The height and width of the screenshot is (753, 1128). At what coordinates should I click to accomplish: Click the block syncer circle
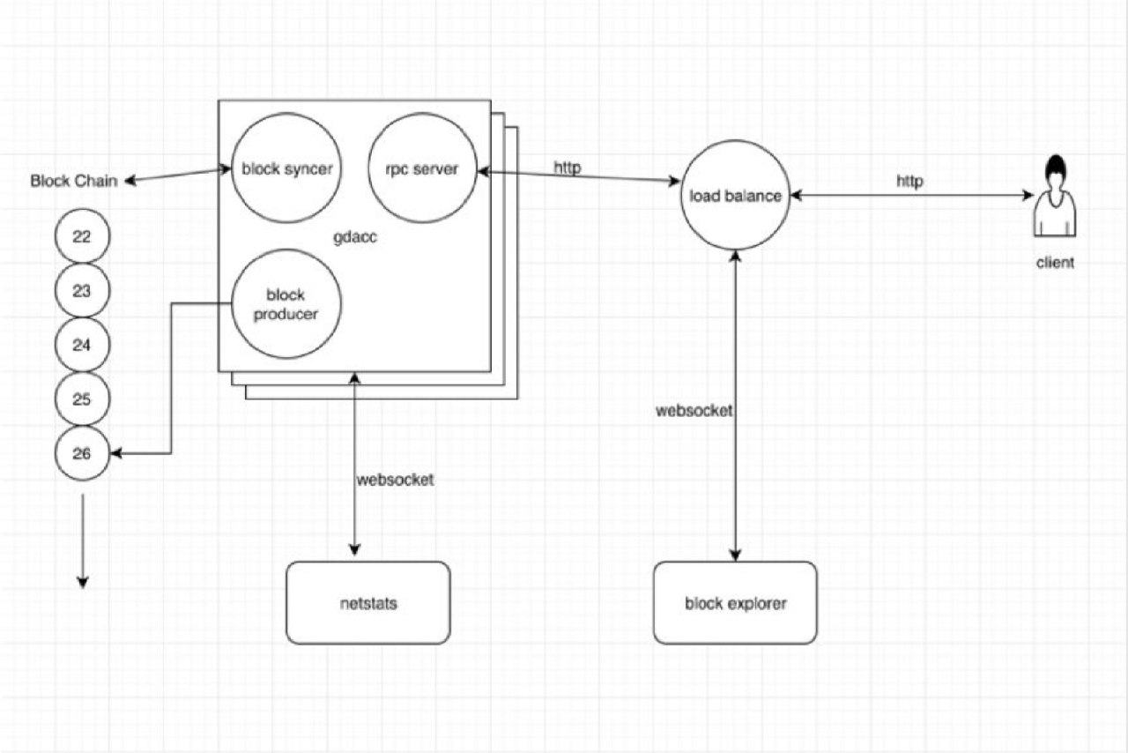tap(286, 168)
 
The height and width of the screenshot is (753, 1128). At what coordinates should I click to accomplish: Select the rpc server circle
tap(422, 168)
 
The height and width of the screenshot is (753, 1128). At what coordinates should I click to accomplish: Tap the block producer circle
tap(286, 304)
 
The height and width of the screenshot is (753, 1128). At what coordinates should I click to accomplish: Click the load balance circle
tap(735, 195)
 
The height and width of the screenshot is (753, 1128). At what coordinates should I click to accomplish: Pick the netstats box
tap(368, 603)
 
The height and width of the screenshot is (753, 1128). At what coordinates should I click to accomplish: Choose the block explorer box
tap(735, 603)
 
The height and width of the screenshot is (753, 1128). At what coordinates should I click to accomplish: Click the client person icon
tap(1055, 196)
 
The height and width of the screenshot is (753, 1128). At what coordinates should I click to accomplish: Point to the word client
tap(1055, 263)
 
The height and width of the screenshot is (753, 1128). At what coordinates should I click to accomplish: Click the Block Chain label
tap(73, 181)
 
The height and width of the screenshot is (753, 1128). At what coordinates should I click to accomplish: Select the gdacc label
tap(354, 237)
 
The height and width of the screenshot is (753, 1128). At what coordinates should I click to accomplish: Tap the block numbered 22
tap(82, 236)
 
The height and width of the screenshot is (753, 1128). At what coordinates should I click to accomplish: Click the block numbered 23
tap(82, 290)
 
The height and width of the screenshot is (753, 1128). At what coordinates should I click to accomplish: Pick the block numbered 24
tap(82, 345)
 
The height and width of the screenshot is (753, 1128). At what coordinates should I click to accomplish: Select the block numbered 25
tap(82, 399)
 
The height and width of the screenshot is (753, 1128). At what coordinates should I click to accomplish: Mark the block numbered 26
tap(82, 453)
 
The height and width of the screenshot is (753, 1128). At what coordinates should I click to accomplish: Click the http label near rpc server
tap(567, 168)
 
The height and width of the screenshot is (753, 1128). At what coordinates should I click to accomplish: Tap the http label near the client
tap(909, 182)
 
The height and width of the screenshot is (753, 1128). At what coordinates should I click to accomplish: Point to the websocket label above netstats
tap(395, 480)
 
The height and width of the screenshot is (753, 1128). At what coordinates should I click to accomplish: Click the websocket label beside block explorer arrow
tap(694, 411)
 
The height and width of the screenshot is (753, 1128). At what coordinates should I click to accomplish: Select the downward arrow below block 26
tap(83, 541)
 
